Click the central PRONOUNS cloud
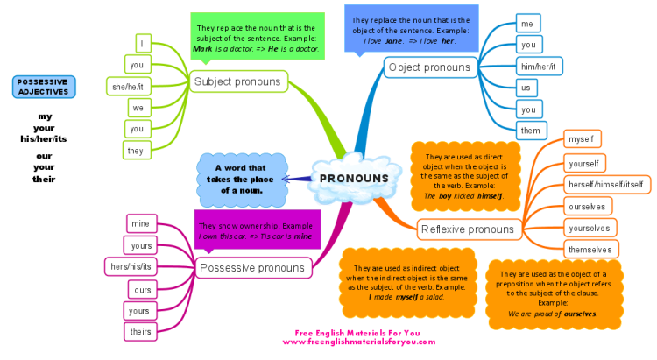tap(353, 178)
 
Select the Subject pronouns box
tap(238, 81)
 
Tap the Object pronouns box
tap(431, 67)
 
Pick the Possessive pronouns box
tap(253, 268)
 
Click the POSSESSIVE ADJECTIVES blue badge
tap(44, 87)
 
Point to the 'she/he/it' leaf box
tap(128, 87)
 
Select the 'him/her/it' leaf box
tap(539, 67)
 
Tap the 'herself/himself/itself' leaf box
tap(607, 185)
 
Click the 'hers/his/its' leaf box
tap(131, 266)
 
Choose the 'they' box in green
tap(137, 151)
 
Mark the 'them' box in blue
tap(532, 131)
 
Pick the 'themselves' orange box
tap(590, 250)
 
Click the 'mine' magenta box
tap(141, 223)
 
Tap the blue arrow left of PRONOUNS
tap(297, 179)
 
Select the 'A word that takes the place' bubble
tap(242, 180)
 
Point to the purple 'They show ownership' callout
tap(258, 231)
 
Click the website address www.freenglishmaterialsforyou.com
tap(359, 342)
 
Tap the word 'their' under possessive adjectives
tap(44, 179)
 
